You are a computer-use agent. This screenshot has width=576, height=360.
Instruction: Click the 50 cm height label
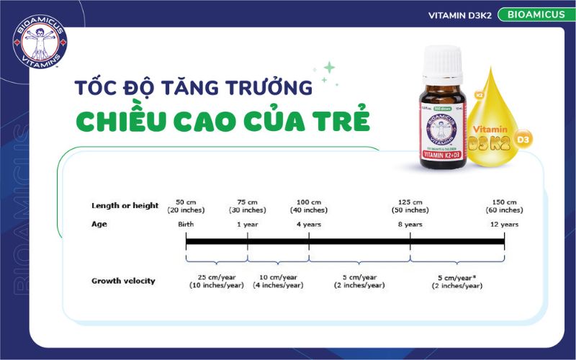tap(186, 205)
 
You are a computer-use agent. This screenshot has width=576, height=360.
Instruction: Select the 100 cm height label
tap(309, 205)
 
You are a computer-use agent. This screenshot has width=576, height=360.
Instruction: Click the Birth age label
tap(186, 225)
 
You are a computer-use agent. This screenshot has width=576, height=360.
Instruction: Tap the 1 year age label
tap(248, 225)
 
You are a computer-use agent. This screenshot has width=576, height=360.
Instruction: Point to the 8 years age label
tap(410, 225)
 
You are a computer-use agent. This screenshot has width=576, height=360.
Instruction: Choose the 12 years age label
tap(503, 225)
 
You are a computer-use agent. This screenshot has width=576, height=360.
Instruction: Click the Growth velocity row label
tap(123, 281)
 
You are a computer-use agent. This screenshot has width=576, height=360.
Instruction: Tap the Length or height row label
tap(125, 205)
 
